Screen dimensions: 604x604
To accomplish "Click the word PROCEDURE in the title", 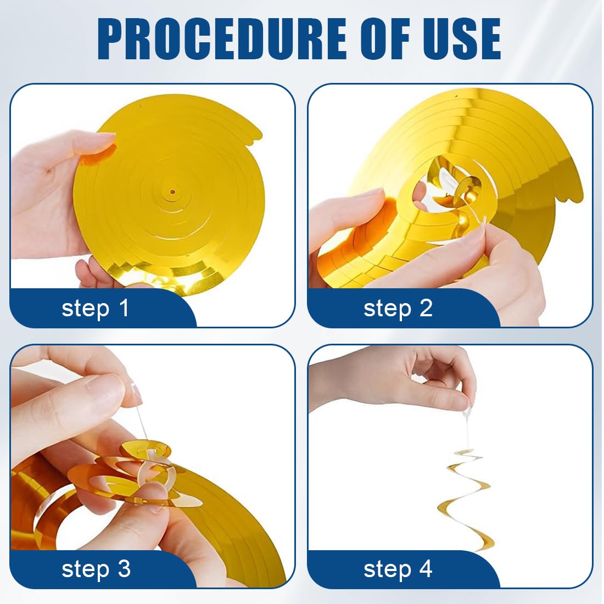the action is coord(222,38).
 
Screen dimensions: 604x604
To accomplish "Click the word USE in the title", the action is coord(461,38).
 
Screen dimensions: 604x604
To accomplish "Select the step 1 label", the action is coord(95,309).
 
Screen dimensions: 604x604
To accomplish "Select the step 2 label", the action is coord(398,309).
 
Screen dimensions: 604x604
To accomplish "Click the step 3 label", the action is coord(96,569).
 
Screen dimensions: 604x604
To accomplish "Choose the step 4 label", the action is coord(398,569).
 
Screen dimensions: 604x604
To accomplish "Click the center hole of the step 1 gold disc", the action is coord(172,192).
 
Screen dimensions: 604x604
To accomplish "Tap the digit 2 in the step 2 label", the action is coord(426,308).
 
